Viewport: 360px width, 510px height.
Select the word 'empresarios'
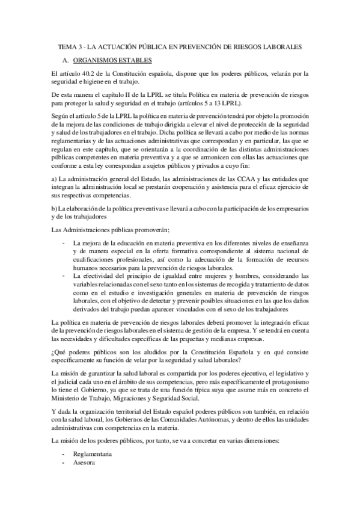coord(293,209)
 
